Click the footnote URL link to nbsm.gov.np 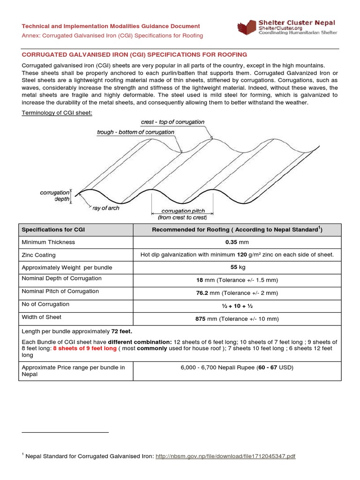pos(225,456)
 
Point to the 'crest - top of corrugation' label pos(172,122)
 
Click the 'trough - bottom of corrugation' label pos(135,132)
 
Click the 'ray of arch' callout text pos(106,208)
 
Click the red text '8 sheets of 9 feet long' pos(85,348)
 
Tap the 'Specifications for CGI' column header pos(53,230)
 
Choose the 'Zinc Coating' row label pos(39,255)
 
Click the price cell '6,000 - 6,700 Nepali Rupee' pos(237,367)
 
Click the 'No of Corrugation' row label pos(45,304)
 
